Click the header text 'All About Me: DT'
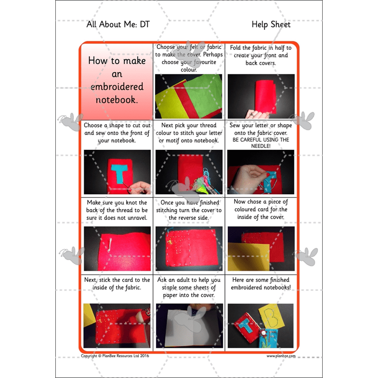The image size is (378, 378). (x=118, y=25)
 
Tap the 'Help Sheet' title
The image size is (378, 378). (x=271, y=25)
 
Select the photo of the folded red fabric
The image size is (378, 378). (x=261, y=96)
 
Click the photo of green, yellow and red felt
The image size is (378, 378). (x=189, y=96)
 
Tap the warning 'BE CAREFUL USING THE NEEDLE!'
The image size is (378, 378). (x=261, y=143)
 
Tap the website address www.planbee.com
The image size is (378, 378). (x=281, y=356)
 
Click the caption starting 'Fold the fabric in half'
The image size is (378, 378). (x=261, y=55)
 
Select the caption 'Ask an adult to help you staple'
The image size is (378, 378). (x=189, y=288)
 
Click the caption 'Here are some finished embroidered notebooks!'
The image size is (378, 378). (x=261, y=284)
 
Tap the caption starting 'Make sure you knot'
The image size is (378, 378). (x=117, y=210)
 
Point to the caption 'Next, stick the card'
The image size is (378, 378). (x=117, y=284)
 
